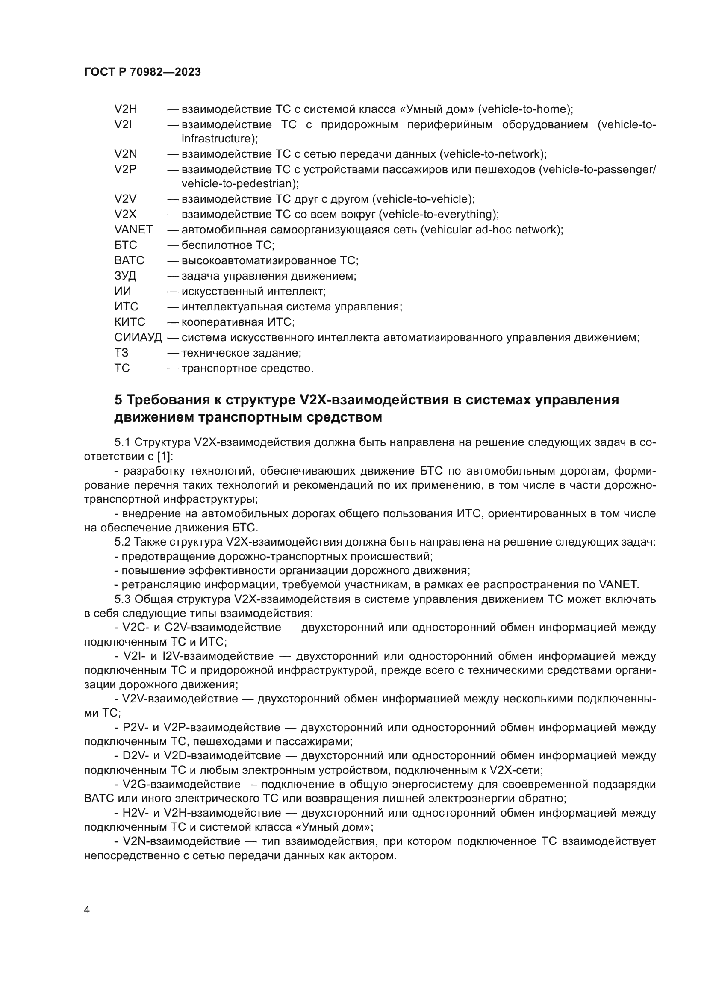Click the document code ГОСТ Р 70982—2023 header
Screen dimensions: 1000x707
142,72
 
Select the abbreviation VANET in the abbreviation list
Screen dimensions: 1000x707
133,230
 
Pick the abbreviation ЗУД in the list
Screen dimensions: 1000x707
125,276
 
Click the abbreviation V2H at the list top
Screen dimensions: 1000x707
125,109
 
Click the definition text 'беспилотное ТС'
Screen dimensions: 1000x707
227,245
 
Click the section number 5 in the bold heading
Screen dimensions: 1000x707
118,399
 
